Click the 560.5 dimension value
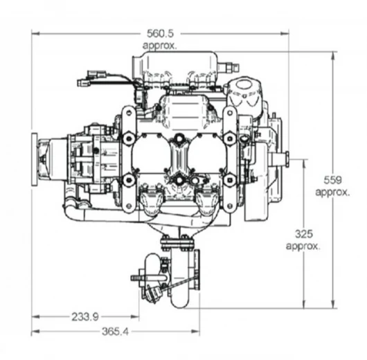point(161,33)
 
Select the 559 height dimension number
point(332,180)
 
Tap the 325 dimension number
point(303,234)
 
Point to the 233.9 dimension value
point(85,317)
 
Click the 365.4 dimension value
point(116,332)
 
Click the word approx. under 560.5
point(160,45)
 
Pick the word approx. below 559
point(332,192)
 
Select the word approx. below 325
point(303,246)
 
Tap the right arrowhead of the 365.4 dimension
point(196,332)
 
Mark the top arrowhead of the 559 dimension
point(332,55)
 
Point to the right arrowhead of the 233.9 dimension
point(135,317)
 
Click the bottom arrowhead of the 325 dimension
point(304,305)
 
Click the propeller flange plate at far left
point(34,159)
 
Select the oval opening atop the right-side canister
point(243,84)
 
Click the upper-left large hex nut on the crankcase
point(129,138)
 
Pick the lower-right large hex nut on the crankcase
point(230,180)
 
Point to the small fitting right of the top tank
point(229,68)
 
